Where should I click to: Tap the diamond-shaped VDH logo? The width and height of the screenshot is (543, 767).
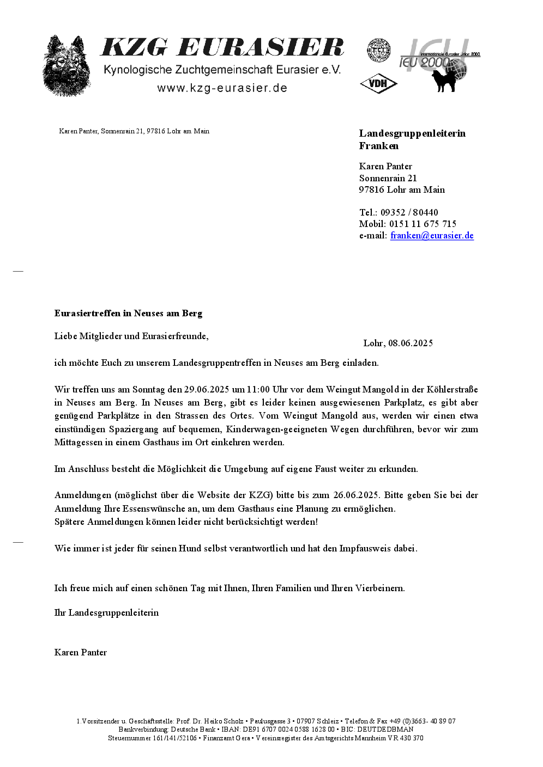tap(378, 83)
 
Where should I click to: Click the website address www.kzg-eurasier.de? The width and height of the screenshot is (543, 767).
tap(222, 88)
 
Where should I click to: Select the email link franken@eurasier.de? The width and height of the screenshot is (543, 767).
tap(432, 236)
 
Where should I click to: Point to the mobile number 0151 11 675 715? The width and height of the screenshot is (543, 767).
tap(423, 224)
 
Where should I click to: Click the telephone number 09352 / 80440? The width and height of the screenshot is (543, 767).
tap(409, 213)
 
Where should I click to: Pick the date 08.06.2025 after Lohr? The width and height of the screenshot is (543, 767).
tap(411, 343)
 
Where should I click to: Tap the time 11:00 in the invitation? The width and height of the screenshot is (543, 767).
tap(258, 390)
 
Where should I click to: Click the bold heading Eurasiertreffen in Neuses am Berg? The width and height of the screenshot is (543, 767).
tap(128, 314)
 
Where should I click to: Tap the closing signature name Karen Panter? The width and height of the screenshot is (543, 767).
tap(81, 653)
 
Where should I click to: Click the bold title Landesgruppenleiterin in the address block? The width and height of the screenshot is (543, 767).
tap(412, 133)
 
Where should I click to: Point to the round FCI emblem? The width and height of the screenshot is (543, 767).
tap(378, 50)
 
